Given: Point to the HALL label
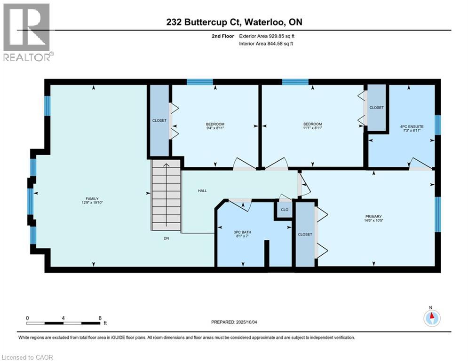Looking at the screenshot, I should [x=202, y=191].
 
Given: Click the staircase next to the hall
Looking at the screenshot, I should [x=166, y=195].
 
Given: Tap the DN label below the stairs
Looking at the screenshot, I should [x=166, y=239].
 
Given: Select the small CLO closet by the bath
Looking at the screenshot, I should [x=284, y=210].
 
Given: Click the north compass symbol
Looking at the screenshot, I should [x=431, y=318].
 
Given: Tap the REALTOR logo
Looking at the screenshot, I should [x=27, y=32].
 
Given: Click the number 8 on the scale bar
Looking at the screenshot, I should [x=100, y=318].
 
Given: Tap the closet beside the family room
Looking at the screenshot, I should [x=159, y=121].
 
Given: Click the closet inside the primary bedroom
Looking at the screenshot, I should [x=305, y=234].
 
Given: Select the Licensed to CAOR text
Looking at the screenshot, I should [x=27, y=357].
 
